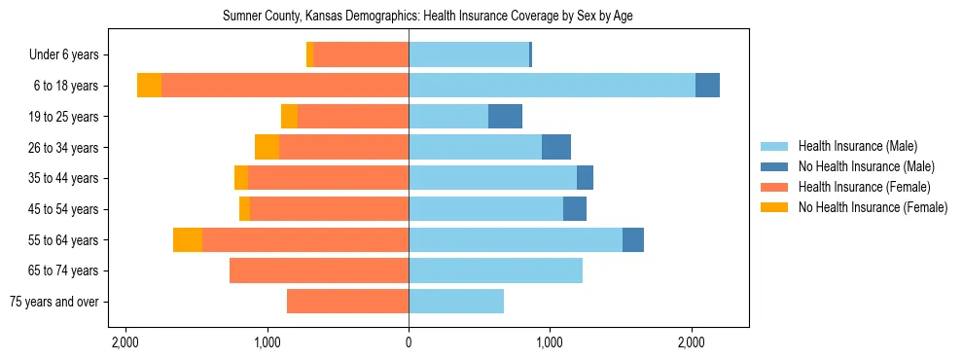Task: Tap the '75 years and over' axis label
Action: pos(54,302)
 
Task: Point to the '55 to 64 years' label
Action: pos(64,240)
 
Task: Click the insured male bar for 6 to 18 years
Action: pos(552,86)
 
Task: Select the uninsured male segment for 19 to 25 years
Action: pos(505,117)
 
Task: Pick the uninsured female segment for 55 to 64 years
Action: pos(188,240)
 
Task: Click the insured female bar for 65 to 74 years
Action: pos(319,270)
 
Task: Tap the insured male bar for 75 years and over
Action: pos(456,302)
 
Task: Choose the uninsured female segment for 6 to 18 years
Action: pos(149,86)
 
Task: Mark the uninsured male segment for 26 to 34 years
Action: pos(556,148)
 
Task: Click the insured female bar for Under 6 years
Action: pos(361,55)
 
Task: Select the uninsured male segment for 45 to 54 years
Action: pos(575,209)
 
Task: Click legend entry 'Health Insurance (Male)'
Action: pos(857,146)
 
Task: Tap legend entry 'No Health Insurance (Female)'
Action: pos(873,207)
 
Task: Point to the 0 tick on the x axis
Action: pos(409,342)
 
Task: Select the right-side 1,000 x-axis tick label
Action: pos(550,342)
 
